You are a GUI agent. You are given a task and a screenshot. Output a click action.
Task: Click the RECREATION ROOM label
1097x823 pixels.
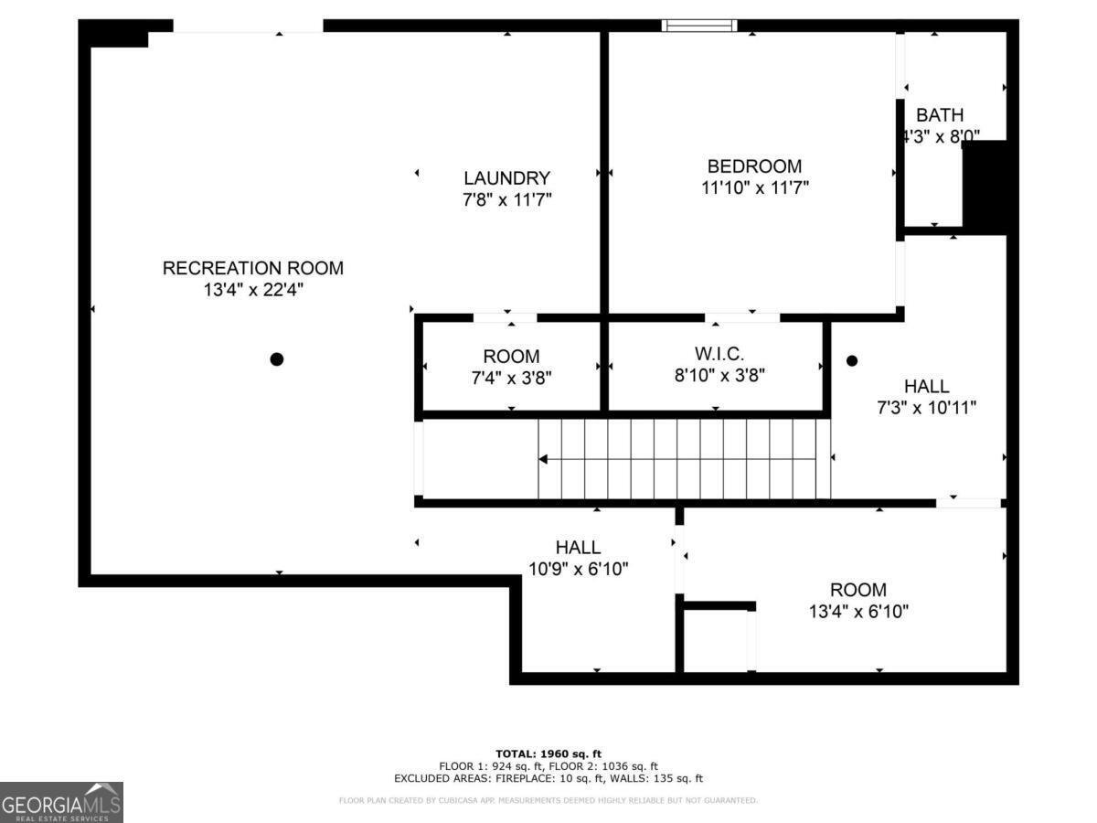coord(253,268)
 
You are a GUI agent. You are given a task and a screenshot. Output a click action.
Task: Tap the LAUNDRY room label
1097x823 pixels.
coord(506,178)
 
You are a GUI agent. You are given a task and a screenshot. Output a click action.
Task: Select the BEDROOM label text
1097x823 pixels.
coord(754,166)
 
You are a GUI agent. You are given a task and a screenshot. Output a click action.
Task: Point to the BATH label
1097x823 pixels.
coord(940,115)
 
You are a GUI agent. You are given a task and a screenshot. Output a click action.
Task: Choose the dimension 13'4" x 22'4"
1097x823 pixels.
coord(253,290)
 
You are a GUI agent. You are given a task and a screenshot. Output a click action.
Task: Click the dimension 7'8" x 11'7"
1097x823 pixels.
coord(506,198)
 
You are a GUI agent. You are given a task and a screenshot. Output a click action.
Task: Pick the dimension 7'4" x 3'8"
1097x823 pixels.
coord(511,376)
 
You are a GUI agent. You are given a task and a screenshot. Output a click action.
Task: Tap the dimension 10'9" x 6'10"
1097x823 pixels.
coord(578,568)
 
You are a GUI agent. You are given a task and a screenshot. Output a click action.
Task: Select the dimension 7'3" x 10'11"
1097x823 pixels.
coord(926,407)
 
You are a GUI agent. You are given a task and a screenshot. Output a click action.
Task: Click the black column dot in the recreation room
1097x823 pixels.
coord(277,359)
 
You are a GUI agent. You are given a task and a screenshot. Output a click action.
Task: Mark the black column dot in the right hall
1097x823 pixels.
coord(852,361)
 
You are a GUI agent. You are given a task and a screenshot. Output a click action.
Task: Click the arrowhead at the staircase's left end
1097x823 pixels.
coord(543,459)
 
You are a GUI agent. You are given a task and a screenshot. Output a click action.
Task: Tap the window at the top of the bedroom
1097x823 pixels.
coord(699,26)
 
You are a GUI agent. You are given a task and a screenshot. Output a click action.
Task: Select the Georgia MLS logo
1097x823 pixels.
coord(61,802)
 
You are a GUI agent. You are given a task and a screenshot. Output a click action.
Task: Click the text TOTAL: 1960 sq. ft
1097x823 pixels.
coord(548,754)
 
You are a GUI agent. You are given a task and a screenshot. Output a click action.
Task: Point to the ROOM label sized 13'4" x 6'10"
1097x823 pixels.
coord(858,590)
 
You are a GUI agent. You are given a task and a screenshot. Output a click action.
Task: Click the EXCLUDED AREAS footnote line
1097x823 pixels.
coord(548,779)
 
